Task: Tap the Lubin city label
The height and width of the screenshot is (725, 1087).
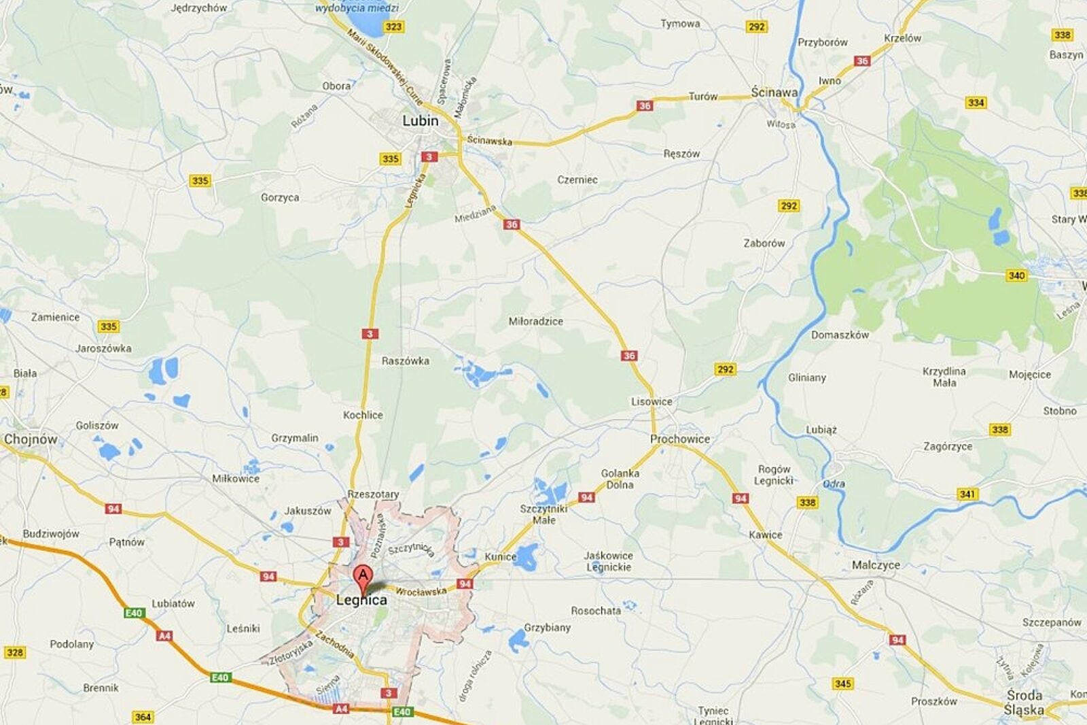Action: (421, 121)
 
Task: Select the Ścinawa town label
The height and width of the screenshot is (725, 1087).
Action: (774, 92)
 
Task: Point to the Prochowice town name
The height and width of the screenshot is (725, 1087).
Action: (679, 439)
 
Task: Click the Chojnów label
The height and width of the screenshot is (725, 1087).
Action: (31, 439)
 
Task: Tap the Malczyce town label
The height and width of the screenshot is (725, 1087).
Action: (876, 565)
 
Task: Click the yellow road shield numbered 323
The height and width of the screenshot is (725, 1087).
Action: (393, 27)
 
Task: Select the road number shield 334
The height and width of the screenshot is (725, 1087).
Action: (976, 103)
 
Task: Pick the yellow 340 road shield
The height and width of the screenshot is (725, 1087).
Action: (1016, 275)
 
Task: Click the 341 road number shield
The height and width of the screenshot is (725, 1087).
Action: (967, 494)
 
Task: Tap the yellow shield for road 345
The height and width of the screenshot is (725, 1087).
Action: (842, 684)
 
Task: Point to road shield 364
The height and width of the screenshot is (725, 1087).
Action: (143, 717)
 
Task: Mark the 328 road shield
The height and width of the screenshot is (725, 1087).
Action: (14, 652)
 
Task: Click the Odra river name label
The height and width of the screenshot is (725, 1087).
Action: (834, 484)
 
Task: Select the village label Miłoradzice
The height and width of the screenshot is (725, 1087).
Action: (535, 322)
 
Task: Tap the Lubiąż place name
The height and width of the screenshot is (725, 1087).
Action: (821, 430)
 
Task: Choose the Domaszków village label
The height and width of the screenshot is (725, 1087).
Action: (840, 335)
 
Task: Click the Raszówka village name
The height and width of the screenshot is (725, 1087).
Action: (405, 361)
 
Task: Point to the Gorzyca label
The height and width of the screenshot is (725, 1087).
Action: (280, 198)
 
